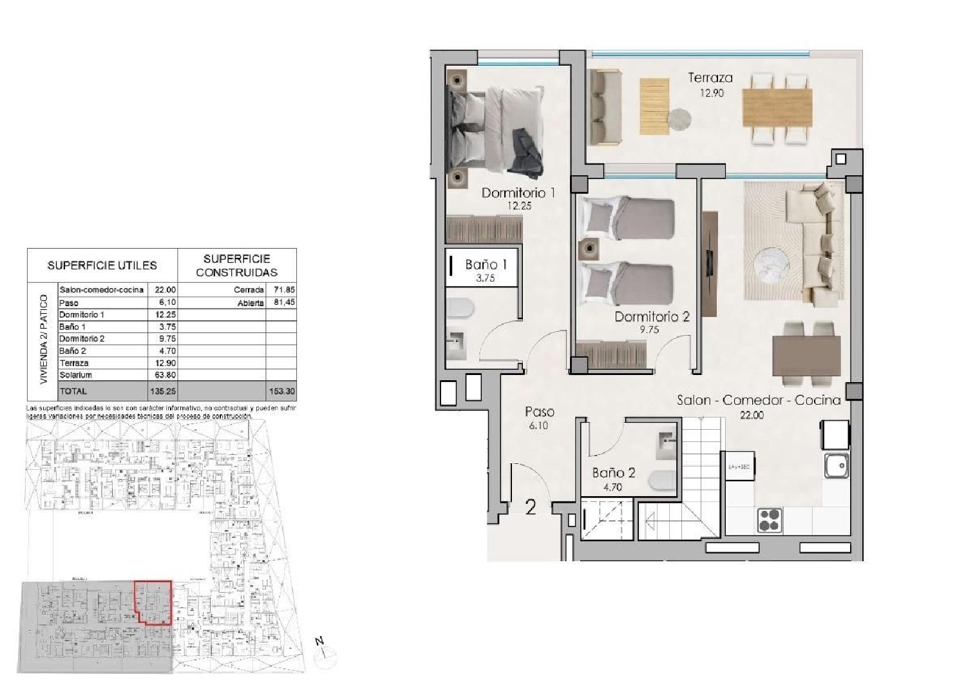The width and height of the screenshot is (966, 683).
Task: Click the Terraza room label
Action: [x=710, y=78]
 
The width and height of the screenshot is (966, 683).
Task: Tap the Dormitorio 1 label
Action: [x=518, y=193]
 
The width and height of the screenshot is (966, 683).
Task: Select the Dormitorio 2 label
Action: [x=652, y=316]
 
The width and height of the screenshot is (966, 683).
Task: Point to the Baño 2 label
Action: [x=614, y=473]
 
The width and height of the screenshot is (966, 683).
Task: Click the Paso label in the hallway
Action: [x=539, y=412]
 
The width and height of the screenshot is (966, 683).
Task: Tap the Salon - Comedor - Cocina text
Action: [x=759, y=400]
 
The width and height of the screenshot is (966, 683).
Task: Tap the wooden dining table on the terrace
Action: [x=777, y=108]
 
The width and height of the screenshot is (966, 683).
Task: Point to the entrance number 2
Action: [x=531, y=508]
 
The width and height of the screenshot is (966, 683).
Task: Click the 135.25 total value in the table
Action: [x=163, y=391]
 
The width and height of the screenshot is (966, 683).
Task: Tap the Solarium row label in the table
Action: [x=75, y=375]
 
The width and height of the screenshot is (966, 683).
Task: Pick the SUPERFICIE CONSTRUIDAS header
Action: [x=236, y=265]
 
